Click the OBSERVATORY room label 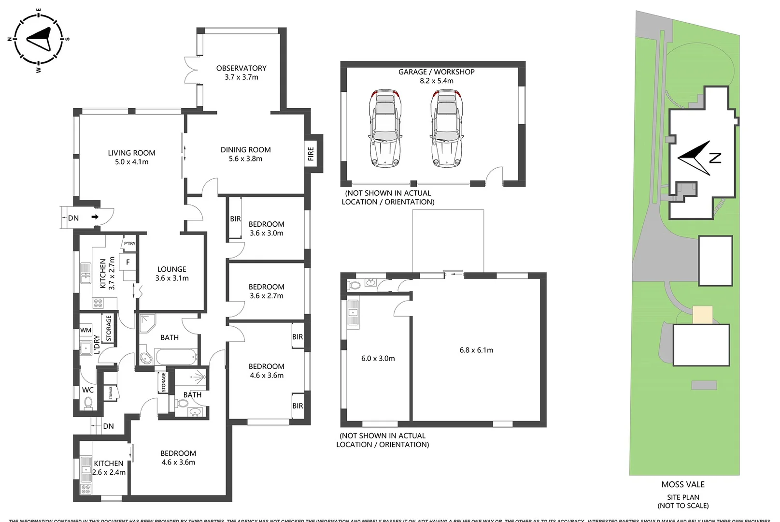click(x=241, y=72)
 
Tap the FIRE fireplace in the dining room click(x=311, y=154)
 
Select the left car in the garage click(x=385, y=128)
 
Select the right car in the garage click(x=446, y=128)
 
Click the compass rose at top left click(x=38, y=39)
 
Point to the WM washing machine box click(x=85, y=331)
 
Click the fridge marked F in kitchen click(x=128, y=262)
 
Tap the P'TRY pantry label click(x=129, y=244)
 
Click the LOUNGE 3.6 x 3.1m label click(x=172, y=274)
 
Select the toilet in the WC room click(x=88, y=402)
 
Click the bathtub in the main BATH click(x=177, y=358)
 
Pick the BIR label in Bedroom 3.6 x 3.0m click(x=235, y=219)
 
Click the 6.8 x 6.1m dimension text click(x=476, y=350)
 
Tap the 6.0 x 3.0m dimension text click(x=378, y=359)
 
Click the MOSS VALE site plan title click(x=683, y=484)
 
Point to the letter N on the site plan click(x=715, y=158)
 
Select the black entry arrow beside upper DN click(x=95, y=217)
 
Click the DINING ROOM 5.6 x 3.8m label click(x=245, y=154)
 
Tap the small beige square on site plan click(x=702, y=315)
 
